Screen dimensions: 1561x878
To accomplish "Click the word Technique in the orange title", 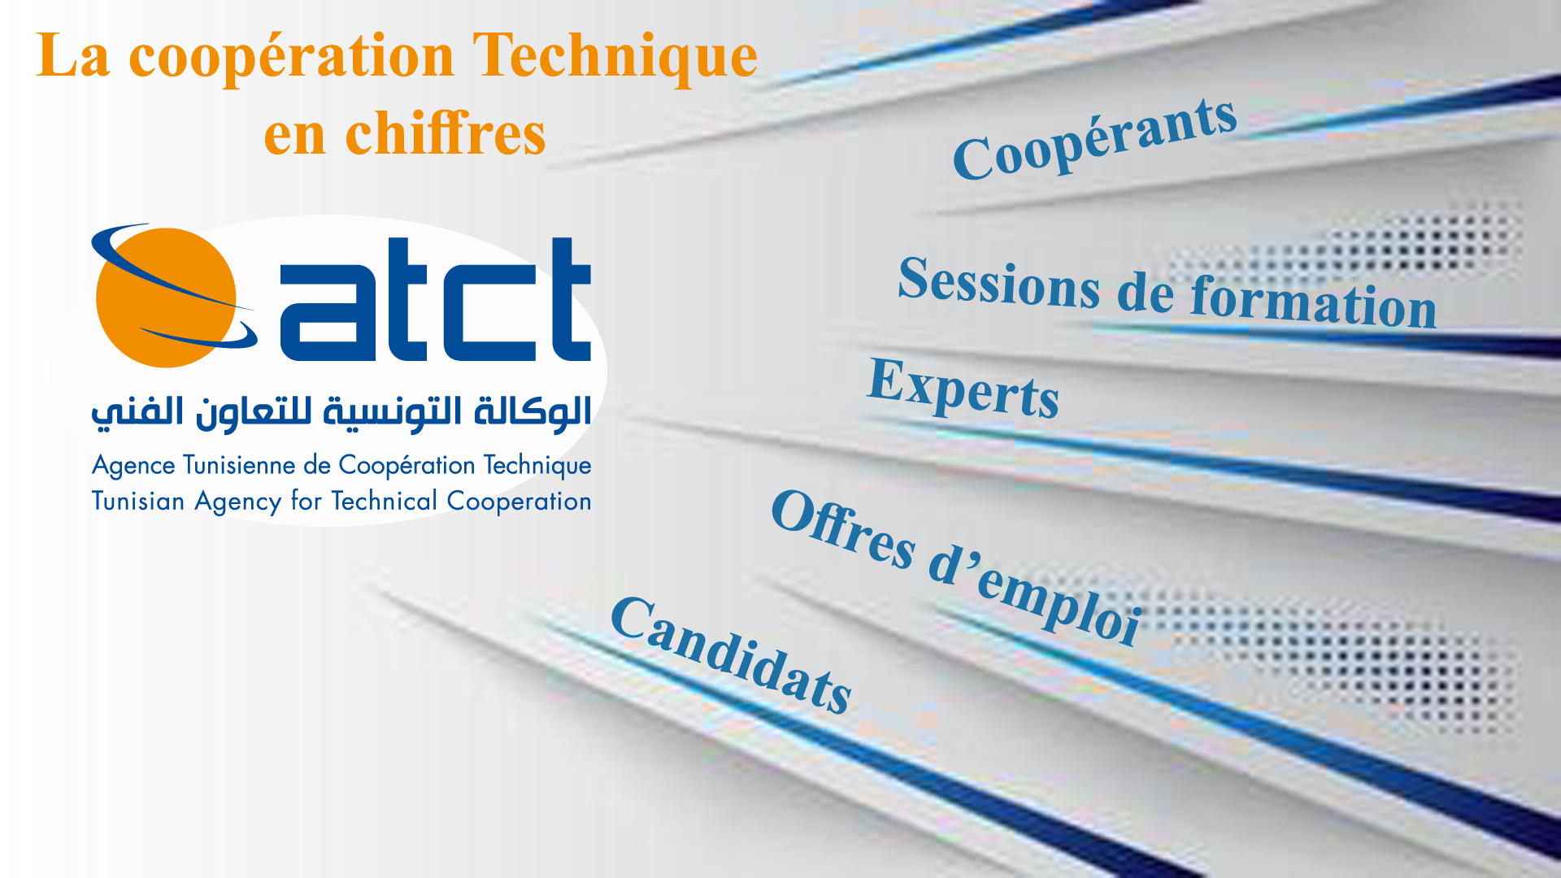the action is [x=615, y=57].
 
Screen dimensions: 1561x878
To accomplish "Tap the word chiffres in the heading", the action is [x=446, y=133].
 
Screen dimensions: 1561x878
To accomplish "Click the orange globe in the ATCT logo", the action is [x=166, y=298].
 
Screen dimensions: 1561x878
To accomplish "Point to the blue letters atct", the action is [x=435, y=299].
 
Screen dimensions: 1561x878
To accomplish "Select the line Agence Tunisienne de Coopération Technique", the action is [x=341, y=466].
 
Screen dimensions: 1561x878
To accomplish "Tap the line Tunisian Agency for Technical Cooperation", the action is [x=341, y=502].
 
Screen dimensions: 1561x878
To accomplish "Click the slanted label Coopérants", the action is [x=1094, y=139].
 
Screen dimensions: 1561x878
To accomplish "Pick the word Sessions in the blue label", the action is [x=999, y=283].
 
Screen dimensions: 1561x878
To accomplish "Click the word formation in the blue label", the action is [x=1314, y=304].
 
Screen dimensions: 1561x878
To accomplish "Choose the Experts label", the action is [x=963, y=389].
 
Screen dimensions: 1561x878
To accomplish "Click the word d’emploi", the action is [x=1035, y=597].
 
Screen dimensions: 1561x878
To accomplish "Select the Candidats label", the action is [x=731, y=655].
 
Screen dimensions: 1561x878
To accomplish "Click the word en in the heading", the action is [x=294, y=137].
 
